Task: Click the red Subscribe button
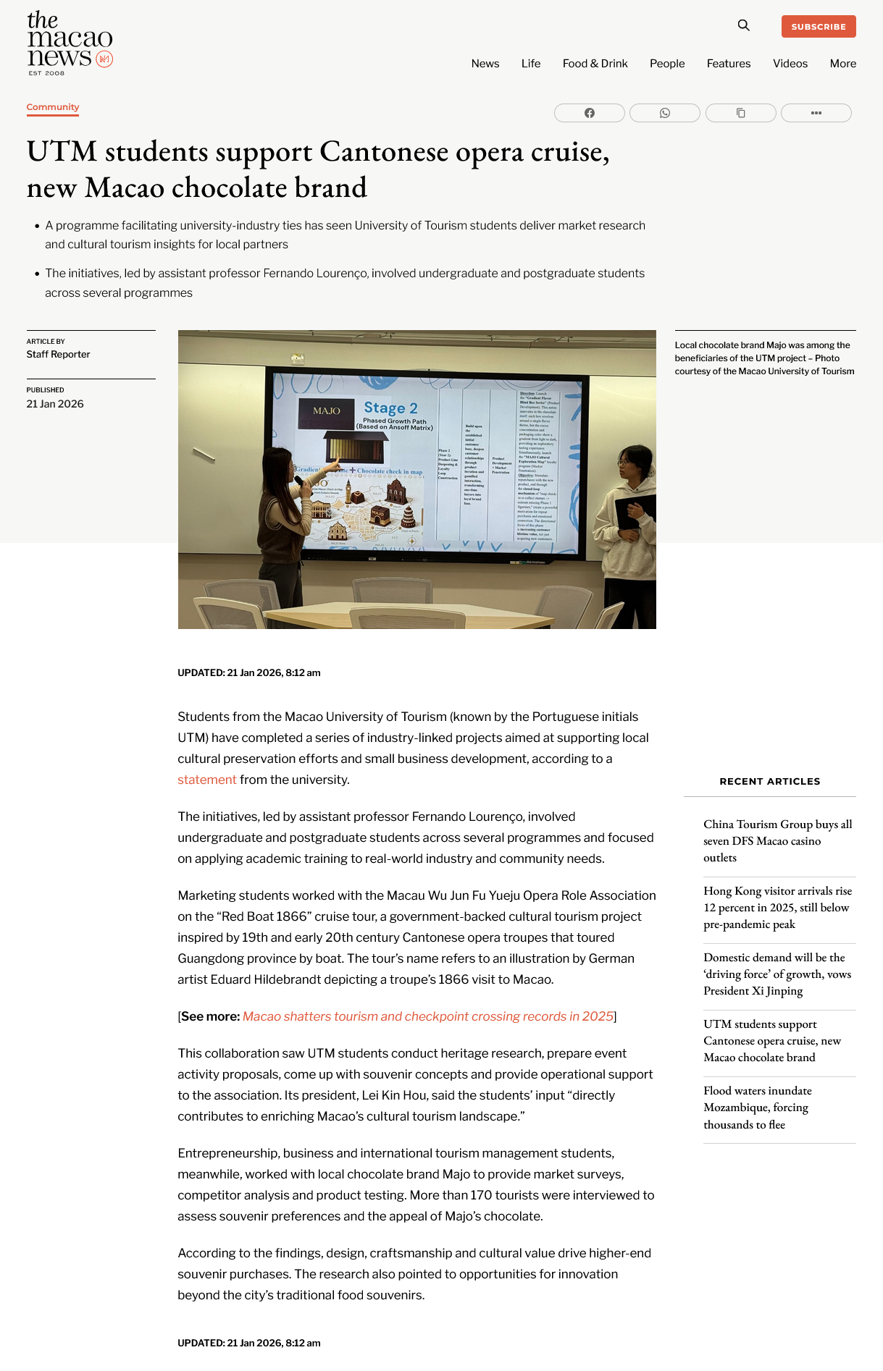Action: tap(818, 27)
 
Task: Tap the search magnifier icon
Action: tap(743, 25)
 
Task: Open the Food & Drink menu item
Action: tap(595, 64)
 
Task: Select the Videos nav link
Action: tap(790, 64)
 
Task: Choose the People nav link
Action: tap(666, 64)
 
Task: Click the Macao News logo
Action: tap(70, 43)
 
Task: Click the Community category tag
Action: tap(53, 107)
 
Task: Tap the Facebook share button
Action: tap(589, 113)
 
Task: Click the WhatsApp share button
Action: tap(664, 113)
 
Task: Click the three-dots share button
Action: tap(816, 113)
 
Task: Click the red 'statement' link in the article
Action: tap(207, 780)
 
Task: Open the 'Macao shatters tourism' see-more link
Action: tap(428, 1016)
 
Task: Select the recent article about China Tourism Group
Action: tap(777, 840)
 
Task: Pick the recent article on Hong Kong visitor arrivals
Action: tap(777, 907)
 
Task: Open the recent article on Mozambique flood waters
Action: tap(757, 1107)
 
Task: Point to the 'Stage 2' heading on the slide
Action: tap(390, 408)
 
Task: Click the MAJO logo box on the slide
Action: tap(327, 411)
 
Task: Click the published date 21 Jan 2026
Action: tap(55, 404)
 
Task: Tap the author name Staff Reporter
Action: tap(59, 354)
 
